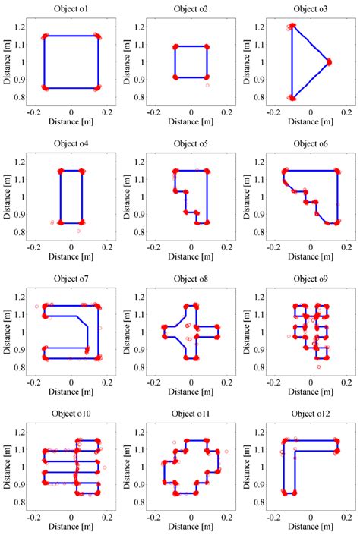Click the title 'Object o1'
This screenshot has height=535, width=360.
click(x=71, y=9)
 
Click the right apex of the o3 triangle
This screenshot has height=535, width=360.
click(x=329, y=62)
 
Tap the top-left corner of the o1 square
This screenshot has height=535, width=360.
click(x=44, y=36)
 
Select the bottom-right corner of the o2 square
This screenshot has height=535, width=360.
click(x=207, y=77)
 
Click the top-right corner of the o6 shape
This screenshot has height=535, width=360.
click(x=336, y=171)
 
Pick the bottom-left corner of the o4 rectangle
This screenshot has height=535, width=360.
click(x=61, y=223)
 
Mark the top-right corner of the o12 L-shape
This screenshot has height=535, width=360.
click(x=336, y=440)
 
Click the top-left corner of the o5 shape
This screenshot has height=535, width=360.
click(x=175, y=171)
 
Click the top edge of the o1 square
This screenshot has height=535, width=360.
click(x=71, y=36)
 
